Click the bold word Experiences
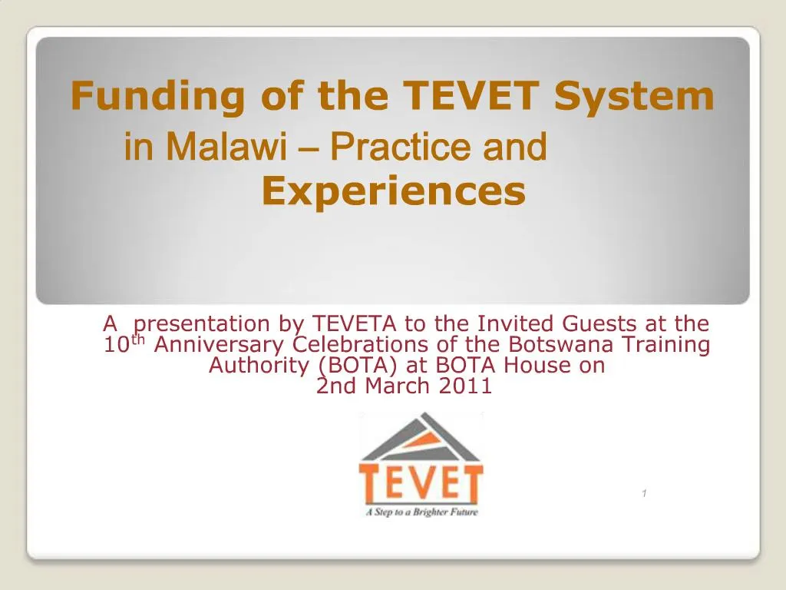pyautogui.click(x=393, y=192)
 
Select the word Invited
pyautogui.click(x=520, y=324)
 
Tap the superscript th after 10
pyautogui.click(x=139, y=340)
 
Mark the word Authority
pyautogui.click(x=259, y=366)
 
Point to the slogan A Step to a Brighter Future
pyautogui.click(x=421, y=511)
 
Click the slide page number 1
pyautogui.click(x=644, y=493)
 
